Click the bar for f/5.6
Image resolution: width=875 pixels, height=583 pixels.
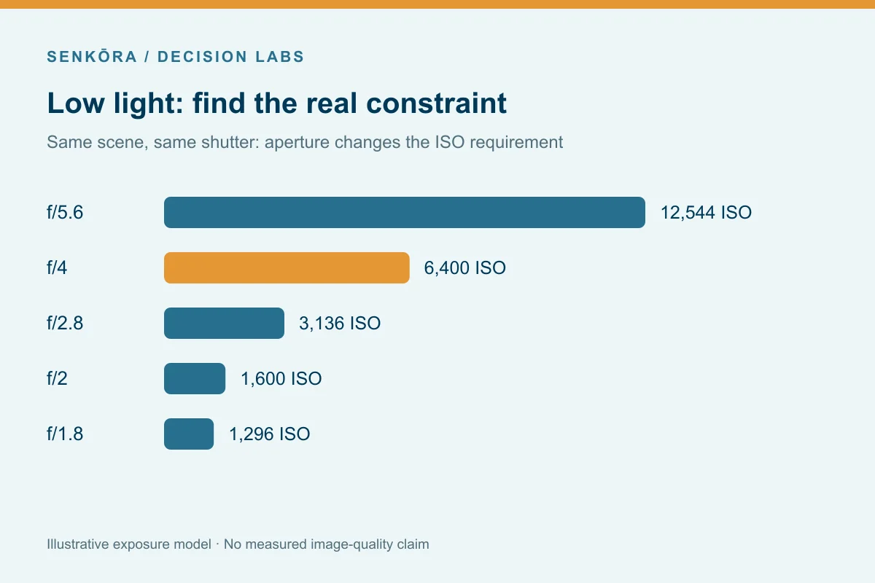tap(404, 212)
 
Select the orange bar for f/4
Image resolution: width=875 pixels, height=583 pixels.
tap(287, 268)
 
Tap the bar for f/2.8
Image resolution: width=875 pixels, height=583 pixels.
tap(225, 324)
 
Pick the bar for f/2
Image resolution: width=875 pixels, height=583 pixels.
tap(195, 379)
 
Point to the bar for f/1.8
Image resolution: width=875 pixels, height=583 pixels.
tap(189, 434)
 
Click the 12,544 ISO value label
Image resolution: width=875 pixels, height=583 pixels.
tap(706, 213)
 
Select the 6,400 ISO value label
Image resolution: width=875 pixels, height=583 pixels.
tap(465, 268)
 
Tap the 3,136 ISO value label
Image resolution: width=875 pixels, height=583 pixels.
tap(340, 324)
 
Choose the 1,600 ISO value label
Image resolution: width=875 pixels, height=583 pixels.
tap(281, 379)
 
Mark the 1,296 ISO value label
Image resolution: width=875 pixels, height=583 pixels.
tap(270, 434)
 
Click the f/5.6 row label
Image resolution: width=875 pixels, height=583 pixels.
tap(65, 213)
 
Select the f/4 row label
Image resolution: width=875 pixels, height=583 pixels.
tap(57, 268)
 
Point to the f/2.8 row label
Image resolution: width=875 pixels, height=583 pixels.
tap(65, 324)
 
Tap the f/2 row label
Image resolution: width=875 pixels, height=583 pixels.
tap(57, 379)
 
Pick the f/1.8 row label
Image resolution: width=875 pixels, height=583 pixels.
tap(65, 434)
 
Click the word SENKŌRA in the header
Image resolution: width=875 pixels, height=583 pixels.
tap(92, 56)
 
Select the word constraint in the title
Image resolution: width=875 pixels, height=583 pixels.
tap(436, 103)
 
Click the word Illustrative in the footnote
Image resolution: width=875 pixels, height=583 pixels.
tap(78, 544)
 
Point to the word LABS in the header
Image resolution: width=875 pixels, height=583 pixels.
tap(280, 57)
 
